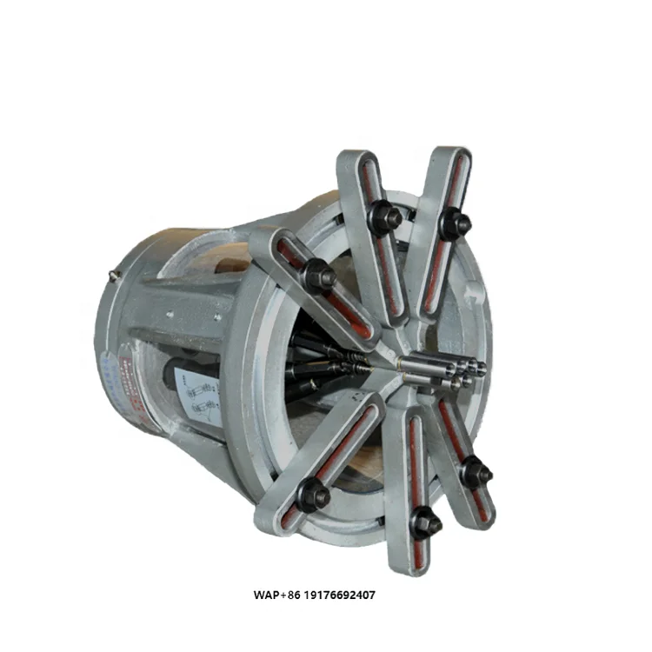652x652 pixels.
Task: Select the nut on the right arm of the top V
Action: point(454,225)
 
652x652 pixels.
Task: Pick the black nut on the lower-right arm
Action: point(476,473)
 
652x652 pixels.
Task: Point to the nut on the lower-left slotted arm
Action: point(312,496)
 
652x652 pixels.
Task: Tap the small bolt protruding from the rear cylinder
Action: point(115,276)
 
